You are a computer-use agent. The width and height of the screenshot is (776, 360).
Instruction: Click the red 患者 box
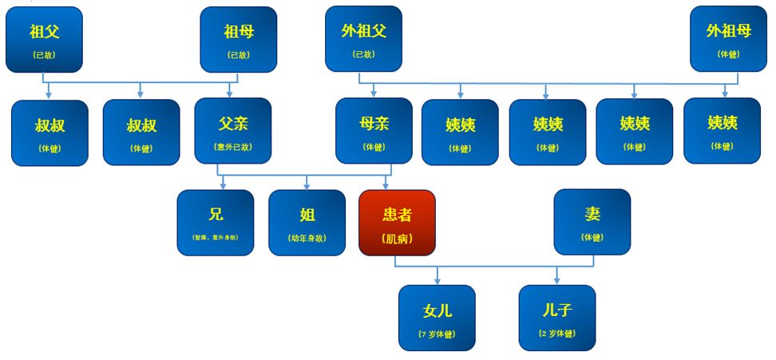(397, 222)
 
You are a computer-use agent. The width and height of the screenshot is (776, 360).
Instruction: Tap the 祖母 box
(238, 39)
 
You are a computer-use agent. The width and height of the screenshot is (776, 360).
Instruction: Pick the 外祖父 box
(363, 39)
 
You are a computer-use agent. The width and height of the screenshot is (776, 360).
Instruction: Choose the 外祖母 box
(728, 39)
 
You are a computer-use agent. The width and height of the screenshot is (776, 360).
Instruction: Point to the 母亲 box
(374, 131)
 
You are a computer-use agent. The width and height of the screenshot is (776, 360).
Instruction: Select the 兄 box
(216, 222)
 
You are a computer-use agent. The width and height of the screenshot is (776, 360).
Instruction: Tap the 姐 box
(307, 222)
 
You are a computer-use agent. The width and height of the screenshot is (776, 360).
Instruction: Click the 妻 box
(592, 222)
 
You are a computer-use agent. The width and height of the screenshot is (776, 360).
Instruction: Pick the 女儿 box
(437, 317)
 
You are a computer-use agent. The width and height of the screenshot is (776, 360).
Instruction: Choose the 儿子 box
(556, 317)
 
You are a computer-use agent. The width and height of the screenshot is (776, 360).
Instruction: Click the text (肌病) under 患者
(397, 238)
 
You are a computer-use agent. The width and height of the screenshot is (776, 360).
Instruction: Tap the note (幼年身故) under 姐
(307, 238)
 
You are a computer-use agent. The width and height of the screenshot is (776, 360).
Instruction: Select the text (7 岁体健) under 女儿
(437, 334)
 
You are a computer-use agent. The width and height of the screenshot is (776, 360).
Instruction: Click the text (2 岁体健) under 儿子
(556, 334)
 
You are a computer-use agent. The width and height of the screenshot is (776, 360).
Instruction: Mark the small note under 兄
(216, 238)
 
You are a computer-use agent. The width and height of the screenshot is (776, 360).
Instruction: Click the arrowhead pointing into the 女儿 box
(437, 281)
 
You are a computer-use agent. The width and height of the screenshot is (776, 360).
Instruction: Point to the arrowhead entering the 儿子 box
(557, 281)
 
